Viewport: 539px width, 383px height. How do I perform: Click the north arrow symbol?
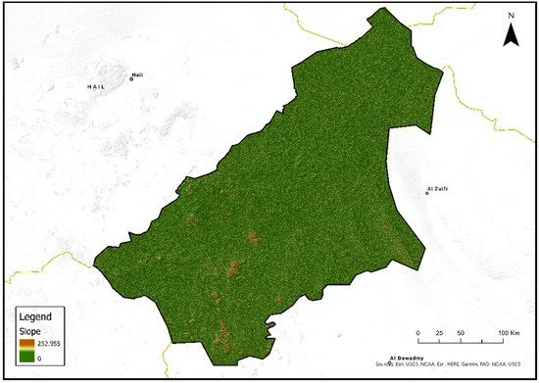coord(511,36)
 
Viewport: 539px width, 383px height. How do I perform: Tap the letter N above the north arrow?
coord(511,17)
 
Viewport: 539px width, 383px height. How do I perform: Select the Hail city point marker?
coord(131,78)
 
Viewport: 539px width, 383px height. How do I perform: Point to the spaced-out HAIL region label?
coord(96,86)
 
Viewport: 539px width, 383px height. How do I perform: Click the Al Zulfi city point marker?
coord(427,193)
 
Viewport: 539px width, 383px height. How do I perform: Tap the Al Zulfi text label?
coord(438,187)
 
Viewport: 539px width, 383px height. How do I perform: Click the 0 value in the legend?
coord(39,360)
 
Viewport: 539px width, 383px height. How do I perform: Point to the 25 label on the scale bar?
coord(439,335)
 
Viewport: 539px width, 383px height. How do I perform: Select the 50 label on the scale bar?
coord(461,335)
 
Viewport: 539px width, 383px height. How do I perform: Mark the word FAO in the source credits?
coord(488,363)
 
